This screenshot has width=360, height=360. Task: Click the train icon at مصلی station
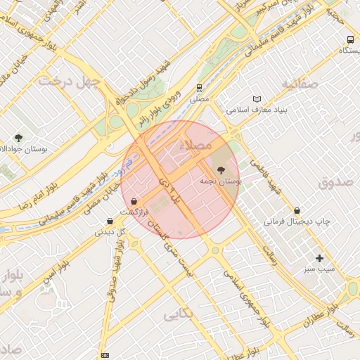(200, 89)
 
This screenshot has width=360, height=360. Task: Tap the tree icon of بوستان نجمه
(221, 170)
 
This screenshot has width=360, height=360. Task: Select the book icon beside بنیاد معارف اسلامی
(257, 99)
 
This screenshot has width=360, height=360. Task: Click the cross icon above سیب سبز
(320, 258)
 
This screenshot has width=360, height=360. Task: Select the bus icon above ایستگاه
(350, 39)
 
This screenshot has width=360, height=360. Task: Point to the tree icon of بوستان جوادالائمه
(18, 138)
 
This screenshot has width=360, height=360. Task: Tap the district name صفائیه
(300, 84)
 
